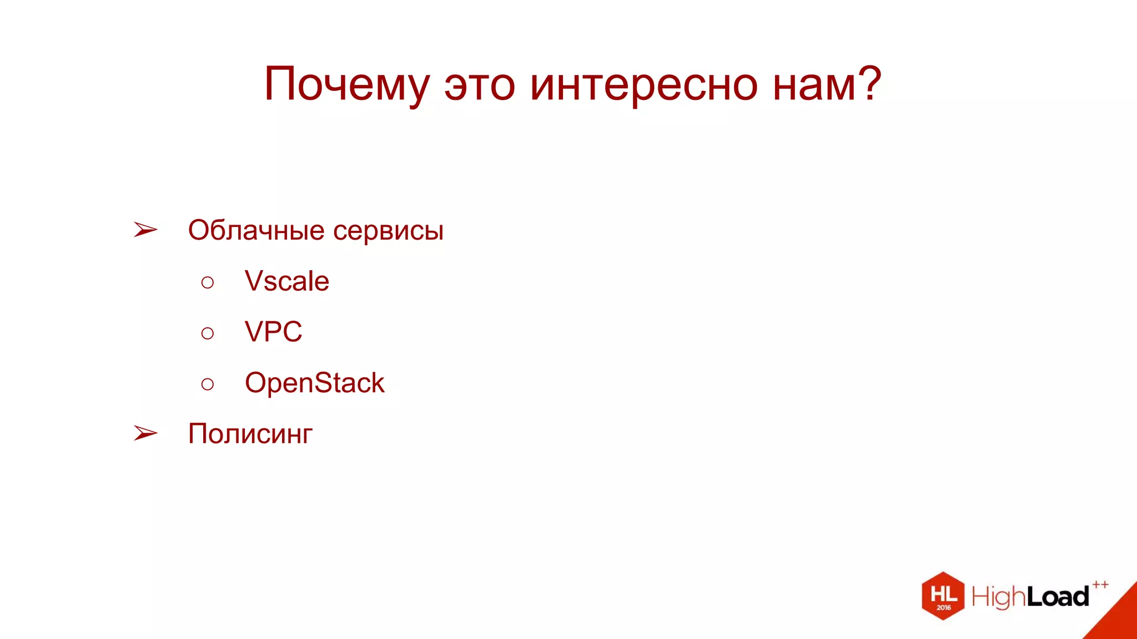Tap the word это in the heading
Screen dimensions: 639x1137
pos(479,85)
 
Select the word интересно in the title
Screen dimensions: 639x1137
pos(643,85)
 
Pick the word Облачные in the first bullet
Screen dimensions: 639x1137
pos(256,230)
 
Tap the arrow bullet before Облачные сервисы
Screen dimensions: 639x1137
pos(145,230)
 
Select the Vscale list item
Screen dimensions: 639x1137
pos(286,281)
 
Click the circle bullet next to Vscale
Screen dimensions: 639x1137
pos(208,283)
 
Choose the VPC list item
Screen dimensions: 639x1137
pos(273,332)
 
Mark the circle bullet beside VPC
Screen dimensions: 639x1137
pos(208,333)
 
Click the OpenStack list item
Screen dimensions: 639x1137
pos(314,383)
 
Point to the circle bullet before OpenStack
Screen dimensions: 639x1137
pos(208,384)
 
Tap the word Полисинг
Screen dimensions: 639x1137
pos(250,434)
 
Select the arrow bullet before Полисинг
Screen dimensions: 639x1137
pos(145,433)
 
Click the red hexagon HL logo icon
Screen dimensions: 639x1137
pos(943,596)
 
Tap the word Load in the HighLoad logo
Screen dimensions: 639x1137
pos(1058,597)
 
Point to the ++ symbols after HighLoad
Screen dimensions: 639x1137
pos(1100,585)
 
